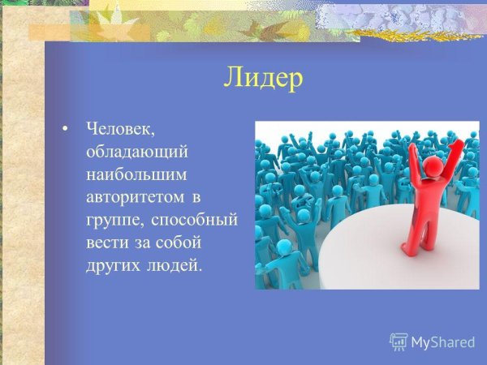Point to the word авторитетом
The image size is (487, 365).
[135, 196]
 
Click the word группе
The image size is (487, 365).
[111, 220]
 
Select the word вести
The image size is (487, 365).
[105, 243]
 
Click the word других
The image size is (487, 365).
[112, 265]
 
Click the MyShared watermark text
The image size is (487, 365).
[442, 342]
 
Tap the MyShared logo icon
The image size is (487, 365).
[399, 341]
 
